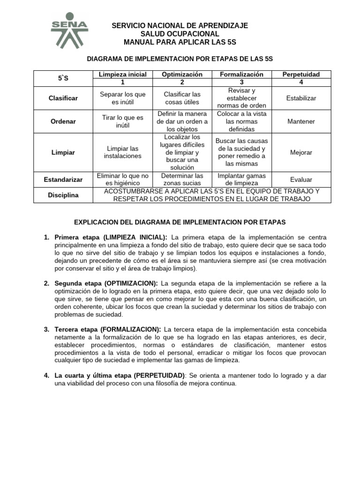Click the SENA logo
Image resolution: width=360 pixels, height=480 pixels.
coord(69,30)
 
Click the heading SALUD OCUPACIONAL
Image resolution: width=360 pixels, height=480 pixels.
coord(180,34)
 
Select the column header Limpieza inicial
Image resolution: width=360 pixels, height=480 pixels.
coord(123,75)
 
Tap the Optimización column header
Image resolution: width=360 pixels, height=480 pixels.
coord(182,75)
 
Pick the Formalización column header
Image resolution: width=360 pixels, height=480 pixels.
coord(241,75)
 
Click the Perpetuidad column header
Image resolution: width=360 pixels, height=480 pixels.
coord(301,75)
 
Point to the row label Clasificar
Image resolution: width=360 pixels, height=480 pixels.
coord(63,98)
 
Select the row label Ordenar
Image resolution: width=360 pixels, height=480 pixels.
coord(63,121)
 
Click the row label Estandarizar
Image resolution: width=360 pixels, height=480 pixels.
coord(63,180)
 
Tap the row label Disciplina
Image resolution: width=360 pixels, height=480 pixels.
coord(63,195)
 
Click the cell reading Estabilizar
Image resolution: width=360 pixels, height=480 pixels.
coord(301,98)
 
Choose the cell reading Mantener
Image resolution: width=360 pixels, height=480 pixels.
coord(301,121)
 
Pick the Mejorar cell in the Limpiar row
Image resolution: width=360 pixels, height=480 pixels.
coord(301,152)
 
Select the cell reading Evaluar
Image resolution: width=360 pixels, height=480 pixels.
coord(301,180)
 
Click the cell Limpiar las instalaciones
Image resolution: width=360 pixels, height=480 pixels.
coord(123,152)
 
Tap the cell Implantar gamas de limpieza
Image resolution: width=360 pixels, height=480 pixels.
coord(241,180)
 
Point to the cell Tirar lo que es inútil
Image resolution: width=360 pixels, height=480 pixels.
coord(123,121)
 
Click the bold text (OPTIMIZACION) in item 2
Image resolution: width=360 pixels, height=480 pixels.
coord(131,284)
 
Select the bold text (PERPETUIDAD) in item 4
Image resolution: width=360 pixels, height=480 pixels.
coord(159,376)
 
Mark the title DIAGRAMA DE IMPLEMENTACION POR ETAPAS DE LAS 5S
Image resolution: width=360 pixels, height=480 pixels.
coord(180,59)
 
